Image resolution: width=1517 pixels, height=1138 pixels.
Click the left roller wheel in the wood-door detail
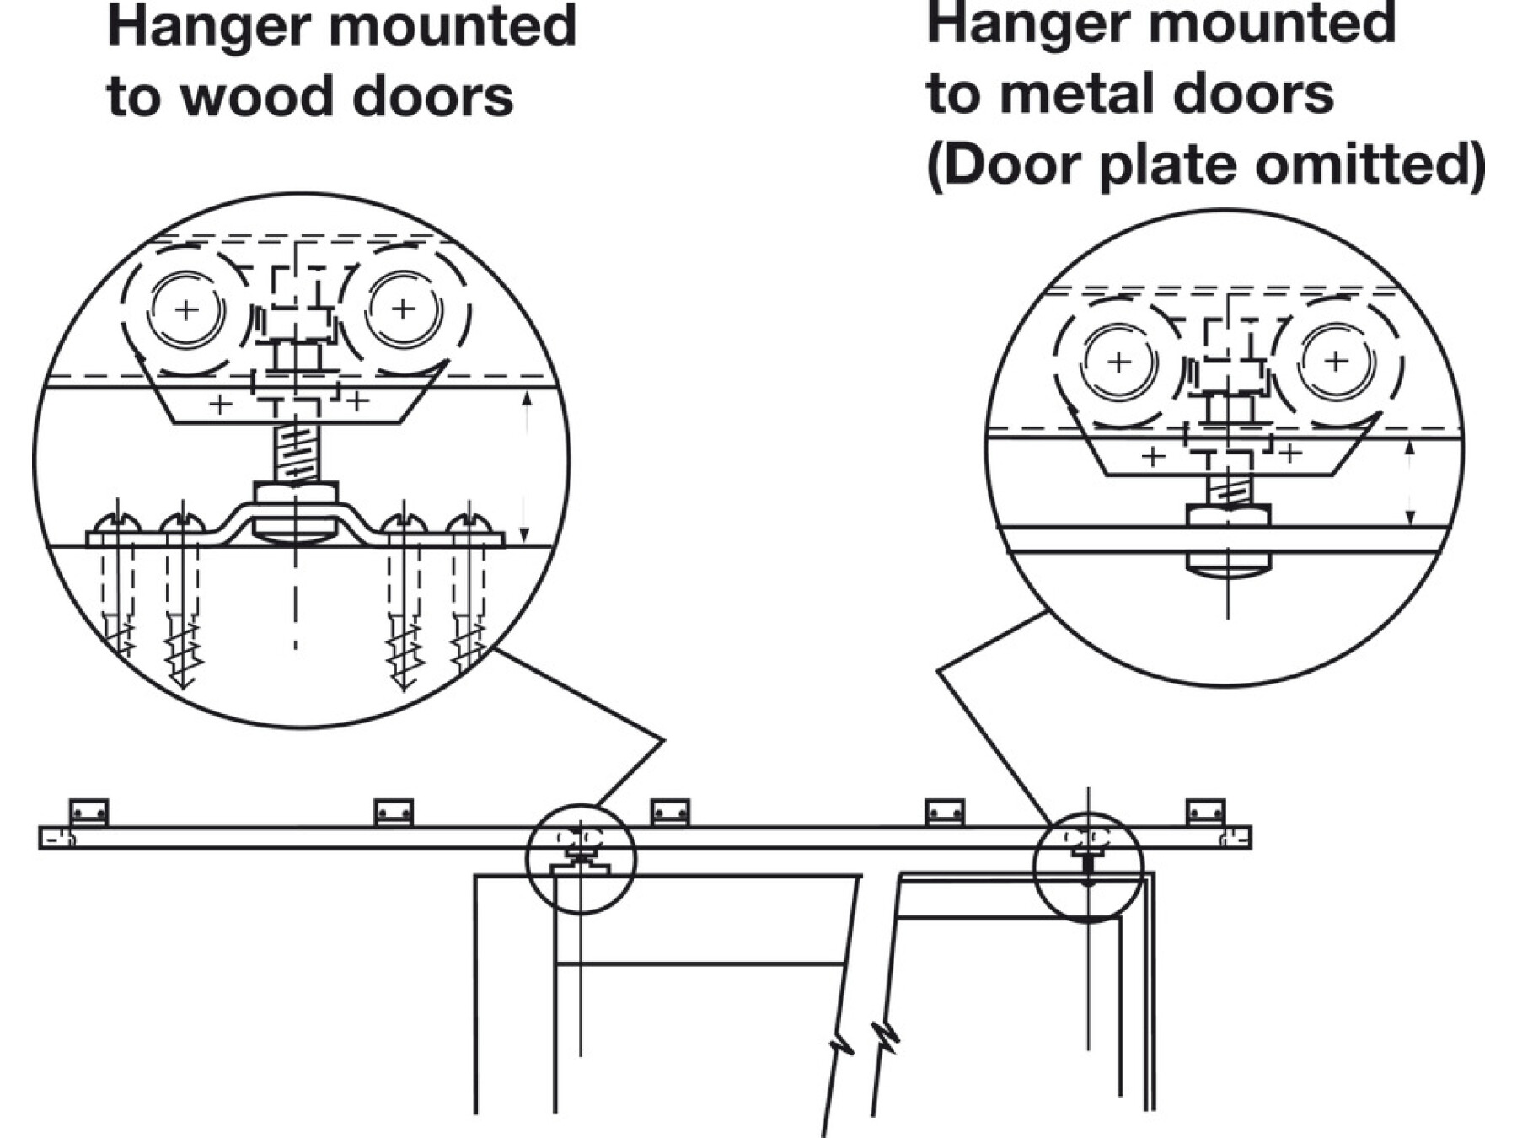click(186, 310)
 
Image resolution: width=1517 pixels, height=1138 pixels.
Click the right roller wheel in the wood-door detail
click(404, 309)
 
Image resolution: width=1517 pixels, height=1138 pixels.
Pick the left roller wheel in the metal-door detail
click(1119, 362)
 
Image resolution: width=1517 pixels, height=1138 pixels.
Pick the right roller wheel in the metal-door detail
click(1336, 362)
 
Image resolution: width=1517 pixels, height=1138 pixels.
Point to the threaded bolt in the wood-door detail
click(295, 454)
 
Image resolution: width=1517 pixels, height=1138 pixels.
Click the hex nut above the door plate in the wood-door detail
click(295, 493)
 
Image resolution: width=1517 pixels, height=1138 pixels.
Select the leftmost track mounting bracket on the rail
click(88, 813)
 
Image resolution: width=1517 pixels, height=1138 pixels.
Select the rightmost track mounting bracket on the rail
click(1205, 813)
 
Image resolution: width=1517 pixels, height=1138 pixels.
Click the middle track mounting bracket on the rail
click(670, 813)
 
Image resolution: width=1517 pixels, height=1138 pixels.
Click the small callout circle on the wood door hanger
click(581, 859)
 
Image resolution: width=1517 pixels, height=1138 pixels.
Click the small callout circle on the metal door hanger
click(1088, 867)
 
